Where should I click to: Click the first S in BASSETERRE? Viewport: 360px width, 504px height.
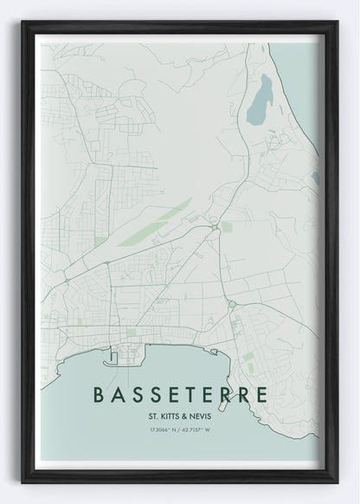coord(136,394)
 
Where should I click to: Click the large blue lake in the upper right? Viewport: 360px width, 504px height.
coord(259,99)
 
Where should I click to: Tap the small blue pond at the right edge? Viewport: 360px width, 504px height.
coord(315,177)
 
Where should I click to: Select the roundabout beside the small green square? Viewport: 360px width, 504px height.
coord(213,228)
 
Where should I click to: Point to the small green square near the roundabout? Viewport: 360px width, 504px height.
coord(227,227)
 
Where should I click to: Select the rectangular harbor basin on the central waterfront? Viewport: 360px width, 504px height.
coord(112,355)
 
